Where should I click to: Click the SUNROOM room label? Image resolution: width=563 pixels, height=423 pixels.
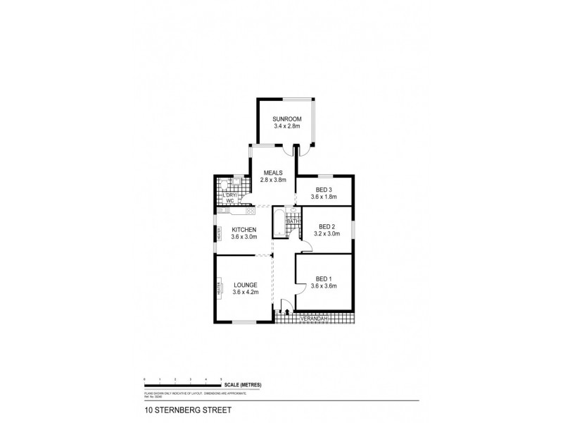287,119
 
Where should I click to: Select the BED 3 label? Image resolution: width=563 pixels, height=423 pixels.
323,189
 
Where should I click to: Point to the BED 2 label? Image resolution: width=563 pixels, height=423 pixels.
326,226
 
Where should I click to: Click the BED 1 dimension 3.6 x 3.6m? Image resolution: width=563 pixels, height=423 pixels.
324,286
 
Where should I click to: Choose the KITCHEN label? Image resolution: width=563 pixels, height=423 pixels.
244,229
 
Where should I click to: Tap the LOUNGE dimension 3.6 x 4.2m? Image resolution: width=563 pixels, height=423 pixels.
244,292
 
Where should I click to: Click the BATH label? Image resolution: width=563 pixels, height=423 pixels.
293,221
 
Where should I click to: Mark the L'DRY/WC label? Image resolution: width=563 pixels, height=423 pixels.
229,198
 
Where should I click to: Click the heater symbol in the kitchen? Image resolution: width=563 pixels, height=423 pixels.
218,233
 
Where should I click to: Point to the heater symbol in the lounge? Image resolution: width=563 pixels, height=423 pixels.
218,289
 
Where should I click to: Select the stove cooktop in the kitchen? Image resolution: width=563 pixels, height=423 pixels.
248,209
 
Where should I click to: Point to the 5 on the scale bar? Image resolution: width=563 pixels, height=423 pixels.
221,379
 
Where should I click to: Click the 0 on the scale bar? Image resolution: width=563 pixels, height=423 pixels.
144,379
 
